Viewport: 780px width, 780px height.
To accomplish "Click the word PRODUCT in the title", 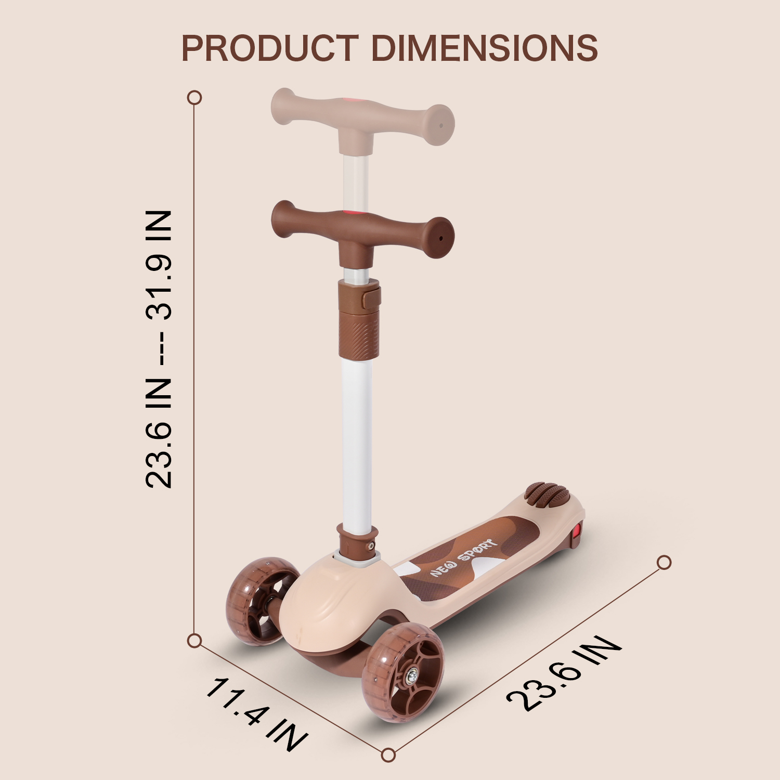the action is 270,48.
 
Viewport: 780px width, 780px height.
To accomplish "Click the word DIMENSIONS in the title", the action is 484,48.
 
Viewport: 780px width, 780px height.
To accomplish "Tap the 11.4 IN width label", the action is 256,714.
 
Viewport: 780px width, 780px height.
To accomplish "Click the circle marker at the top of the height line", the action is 194,98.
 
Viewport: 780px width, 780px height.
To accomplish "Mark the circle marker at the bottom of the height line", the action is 194,641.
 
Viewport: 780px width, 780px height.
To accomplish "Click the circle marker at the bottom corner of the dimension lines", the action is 388,755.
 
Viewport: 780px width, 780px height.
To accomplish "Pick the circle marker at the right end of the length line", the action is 664,563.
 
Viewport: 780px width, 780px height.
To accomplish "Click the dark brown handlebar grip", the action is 362,231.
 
